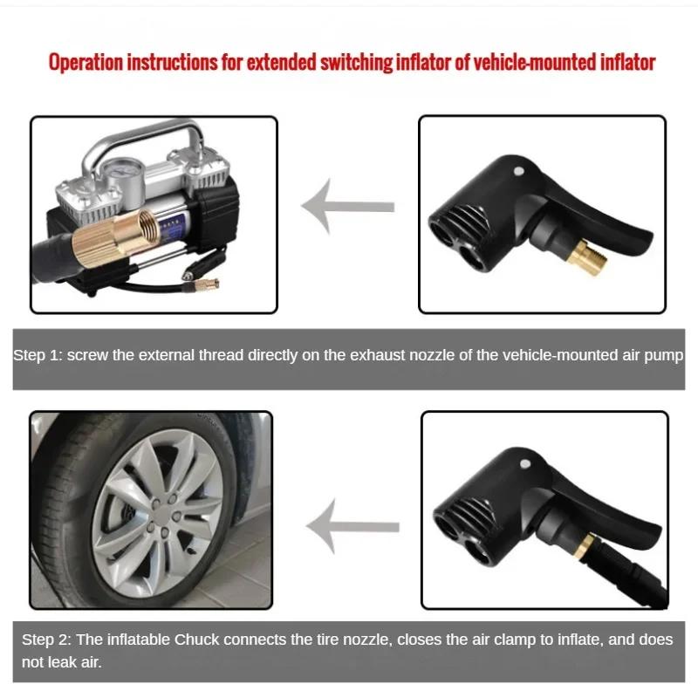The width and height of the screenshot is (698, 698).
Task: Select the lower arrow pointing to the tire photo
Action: point(354,525)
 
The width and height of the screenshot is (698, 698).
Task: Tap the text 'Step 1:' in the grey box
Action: point(37,356)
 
